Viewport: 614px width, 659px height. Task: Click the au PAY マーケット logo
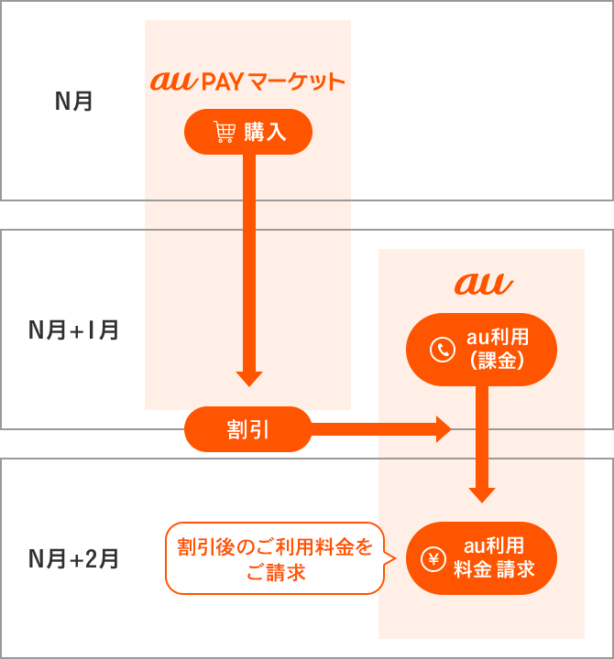pos(247,82)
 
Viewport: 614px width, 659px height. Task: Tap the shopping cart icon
pos(224,134)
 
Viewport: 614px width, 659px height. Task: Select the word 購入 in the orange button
pos(266,134)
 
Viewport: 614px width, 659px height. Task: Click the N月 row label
pos(74,101)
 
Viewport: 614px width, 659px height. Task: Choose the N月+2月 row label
pos(74,557)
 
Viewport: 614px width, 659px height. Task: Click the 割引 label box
pos(247,429)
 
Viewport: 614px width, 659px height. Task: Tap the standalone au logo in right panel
pos(483,284)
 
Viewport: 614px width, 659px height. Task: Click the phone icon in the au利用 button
pos(443,351)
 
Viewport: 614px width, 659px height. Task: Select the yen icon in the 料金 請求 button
pos(433,559)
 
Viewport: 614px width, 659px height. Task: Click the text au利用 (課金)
pos(496,351)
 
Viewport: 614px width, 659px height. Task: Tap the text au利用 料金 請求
pos(494,559)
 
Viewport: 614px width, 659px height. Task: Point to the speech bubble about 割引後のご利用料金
pos(275,559)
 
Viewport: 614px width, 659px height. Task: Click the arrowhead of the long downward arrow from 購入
pos(249,378)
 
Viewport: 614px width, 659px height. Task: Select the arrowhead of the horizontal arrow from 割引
pos(444,428)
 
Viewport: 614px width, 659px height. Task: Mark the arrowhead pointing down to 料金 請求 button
pos(482,494)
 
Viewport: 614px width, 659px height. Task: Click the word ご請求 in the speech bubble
pos(275,573)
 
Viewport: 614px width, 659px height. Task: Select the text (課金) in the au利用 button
pos(496,362)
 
